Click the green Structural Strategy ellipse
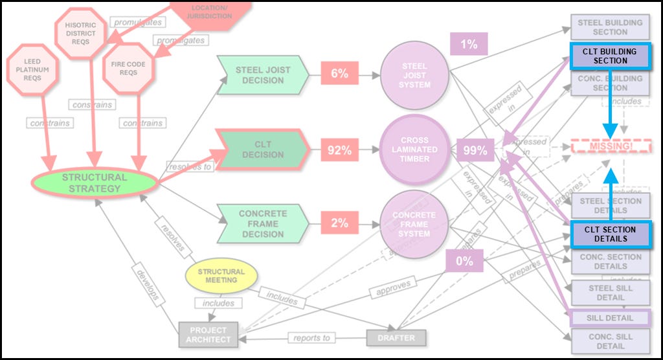click(95, 183)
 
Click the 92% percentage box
click(339, 150)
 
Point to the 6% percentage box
click(339, 74)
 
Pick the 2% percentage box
click(339, 223)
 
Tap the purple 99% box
click(475, 150)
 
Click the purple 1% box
click(469, 45)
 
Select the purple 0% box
click(464, 262)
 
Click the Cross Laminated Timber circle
click(414, 150)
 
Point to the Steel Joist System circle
click(414, 75)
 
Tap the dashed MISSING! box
click(611, 146)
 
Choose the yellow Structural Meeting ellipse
click(221, 276)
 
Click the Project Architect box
click(210, 335)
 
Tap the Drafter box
click(396, 337)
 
